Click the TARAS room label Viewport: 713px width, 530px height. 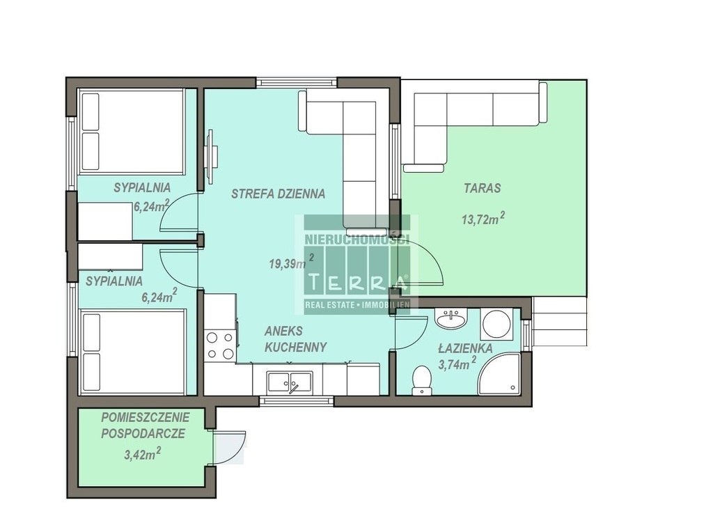click(x=482, y=188)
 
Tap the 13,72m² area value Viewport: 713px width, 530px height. click(x=483, y=219)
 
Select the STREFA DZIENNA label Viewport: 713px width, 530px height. click(x=278, y=194)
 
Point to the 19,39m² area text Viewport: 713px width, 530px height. click(x=292, y=262)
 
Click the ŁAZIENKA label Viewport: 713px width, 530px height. click(x=465, y=348)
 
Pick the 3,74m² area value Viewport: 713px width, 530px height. click(x=457, y=363)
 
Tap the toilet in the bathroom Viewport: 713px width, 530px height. click(x=421, y=380)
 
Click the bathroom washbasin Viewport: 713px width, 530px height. click(x=450, y=318)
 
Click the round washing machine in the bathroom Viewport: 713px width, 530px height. click(x=496, y=323)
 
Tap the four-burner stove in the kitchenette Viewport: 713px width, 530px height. click(x=220, y=345)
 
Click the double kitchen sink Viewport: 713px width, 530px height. click(x=290, y=382)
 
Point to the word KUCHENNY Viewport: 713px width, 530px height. click(x=295, y=348)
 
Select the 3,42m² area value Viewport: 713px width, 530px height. click(x=142, y=453)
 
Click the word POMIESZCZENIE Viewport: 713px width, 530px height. click(x=146, y=417)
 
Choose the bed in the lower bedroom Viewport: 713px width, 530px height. click(x=133, y=352)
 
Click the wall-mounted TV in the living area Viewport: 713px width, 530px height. click(x=211, y=157)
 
